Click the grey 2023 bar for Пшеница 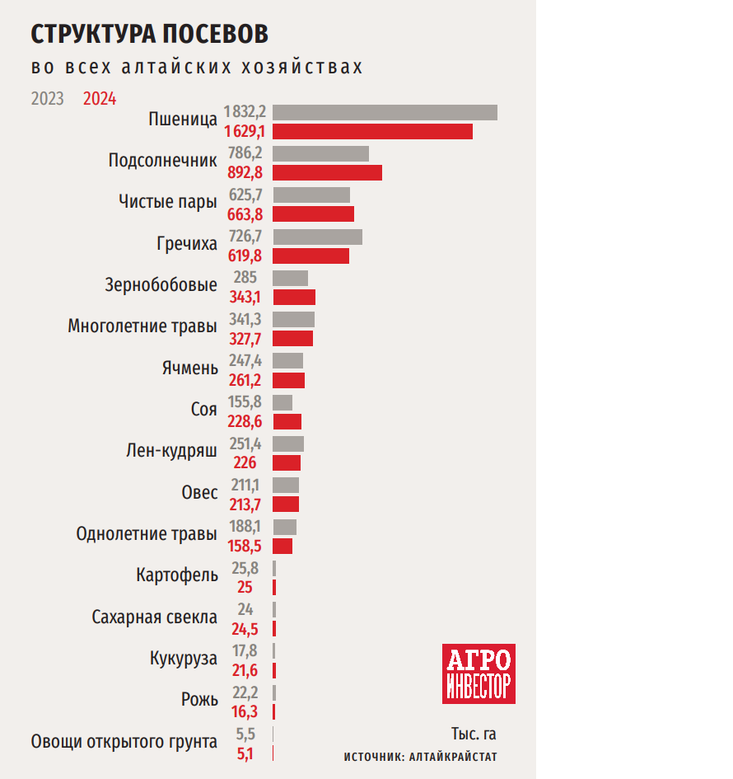pos(385,112)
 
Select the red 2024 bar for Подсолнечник pos(327,172)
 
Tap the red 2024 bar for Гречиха pos(310,256)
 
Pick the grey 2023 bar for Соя pos(282,402)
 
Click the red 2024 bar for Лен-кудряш pos(287,462)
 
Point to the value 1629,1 pos(245,132)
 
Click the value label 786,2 pos(245,153)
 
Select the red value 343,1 pos(245,298)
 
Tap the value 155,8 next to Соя pos(245,402)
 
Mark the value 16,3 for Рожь pos(245,711)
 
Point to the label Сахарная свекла pos(155,617)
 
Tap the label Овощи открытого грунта pos(124,742)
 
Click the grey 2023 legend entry pos(48,99)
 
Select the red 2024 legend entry pos(100,99)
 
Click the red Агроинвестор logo pos(479,673)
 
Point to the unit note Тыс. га pos(474,734)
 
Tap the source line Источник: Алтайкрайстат pos(420,757)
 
